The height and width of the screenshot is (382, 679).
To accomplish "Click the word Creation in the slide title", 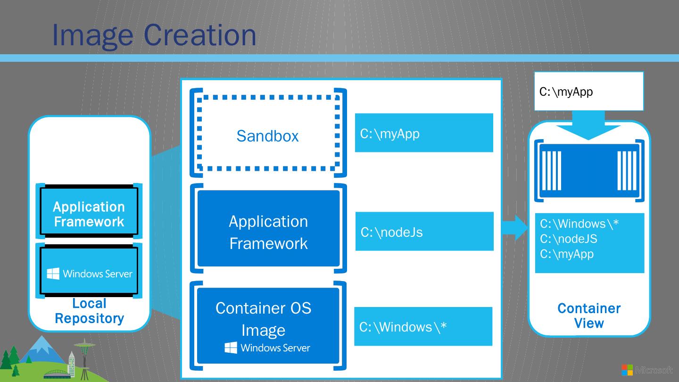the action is (200, 35).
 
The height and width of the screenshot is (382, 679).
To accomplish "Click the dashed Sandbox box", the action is (199, 133).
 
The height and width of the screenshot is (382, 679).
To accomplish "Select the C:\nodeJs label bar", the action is (424, 231).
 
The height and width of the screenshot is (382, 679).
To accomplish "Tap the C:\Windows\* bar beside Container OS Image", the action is (423, 326).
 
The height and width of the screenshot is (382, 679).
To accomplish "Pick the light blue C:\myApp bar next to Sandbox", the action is (424, 133).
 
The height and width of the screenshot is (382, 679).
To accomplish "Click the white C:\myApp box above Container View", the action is (588, 91).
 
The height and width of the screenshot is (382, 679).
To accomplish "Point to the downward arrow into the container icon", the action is (588, 125).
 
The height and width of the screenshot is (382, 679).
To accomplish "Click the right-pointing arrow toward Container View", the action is (514, 228).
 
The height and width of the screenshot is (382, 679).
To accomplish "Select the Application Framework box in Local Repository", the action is (89, 211).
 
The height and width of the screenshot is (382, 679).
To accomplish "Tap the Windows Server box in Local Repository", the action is (89, 271).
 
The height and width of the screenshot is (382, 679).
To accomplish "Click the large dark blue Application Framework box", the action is (268, 228).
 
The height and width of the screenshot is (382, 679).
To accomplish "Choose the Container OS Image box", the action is (268, 325).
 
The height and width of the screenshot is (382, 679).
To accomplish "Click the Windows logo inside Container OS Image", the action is (231, 348).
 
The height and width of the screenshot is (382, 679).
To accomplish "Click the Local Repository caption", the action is (90, 311).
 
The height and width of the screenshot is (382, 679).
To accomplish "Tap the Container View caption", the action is (589, 316).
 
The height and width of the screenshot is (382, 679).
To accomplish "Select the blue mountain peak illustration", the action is (42, 349).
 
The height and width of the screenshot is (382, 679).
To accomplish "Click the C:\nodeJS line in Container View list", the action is (568, 239).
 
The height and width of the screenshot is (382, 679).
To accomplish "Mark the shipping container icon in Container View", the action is (589, 171).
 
